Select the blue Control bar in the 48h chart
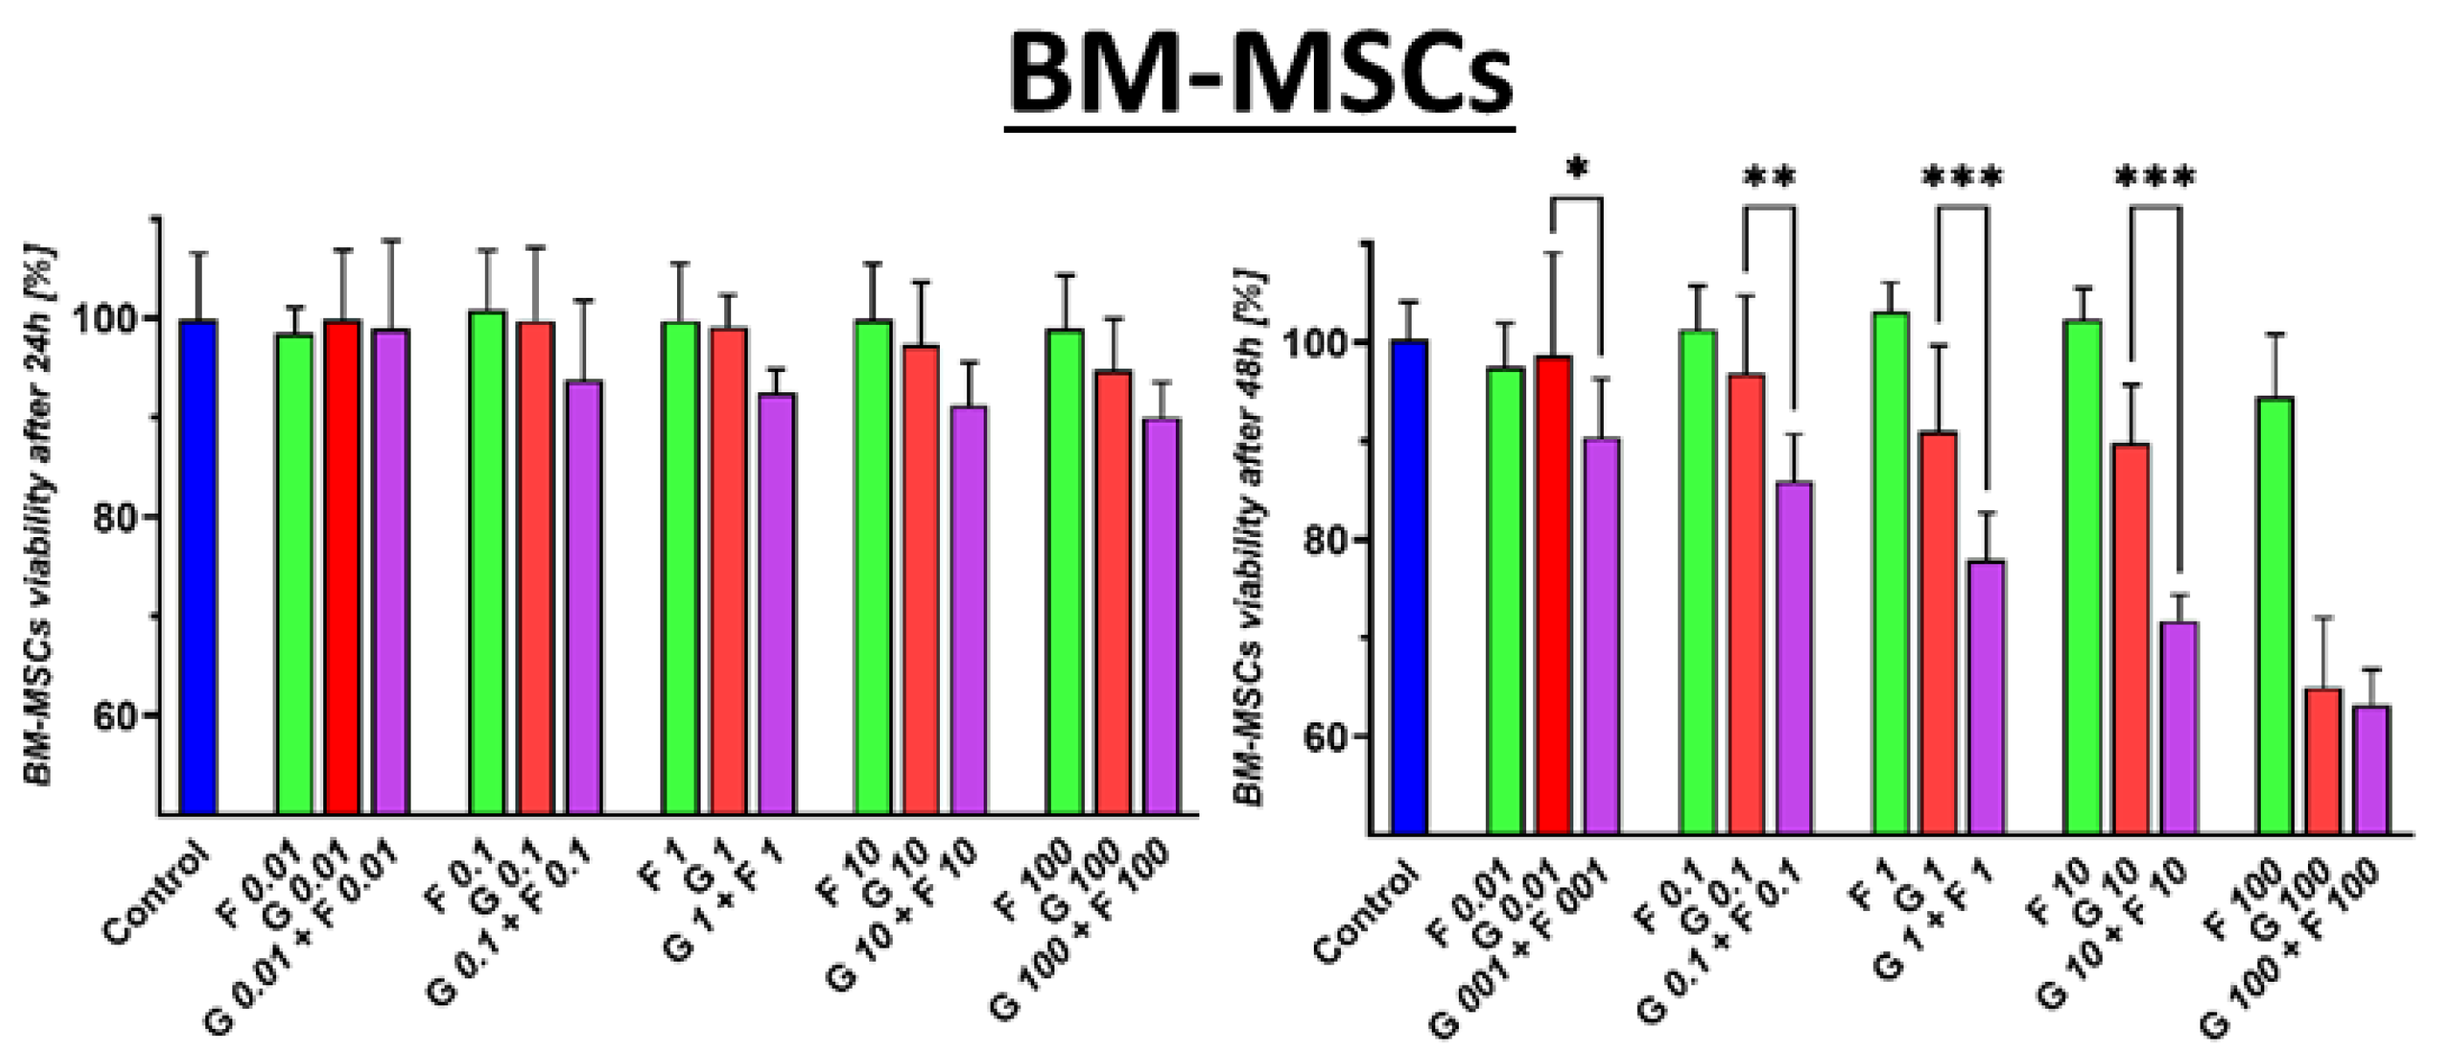[x=1409, y=587]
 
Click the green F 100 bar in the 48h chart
[x=2275, y=616]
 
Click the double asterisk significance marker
[x=1769, y=177]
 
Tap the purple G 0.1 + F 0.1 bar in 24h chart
[x=584, y=596]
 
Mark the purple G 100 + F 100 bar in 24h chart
[x=1162, y=615]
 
